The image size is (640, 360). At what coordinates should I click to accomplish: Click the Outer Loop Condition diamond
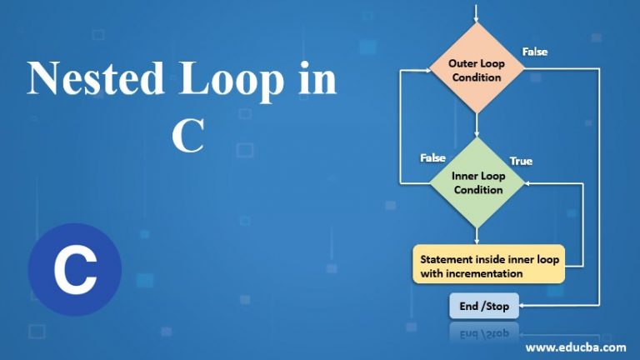click(476, 71)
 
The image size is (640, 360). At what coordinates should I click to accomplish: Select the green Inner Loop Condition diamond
click(477, 182)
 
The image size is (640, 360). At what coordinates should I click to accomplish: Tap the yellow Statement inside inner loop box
click(489, 266)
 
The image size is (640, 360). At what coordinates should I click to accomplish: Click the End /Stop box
click(484, 306)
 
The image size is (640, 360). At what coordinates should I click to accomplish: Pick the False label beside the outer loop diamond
click(535, 52)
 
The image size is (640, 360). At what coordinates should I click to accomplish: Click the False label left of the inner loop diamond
click(432, 157)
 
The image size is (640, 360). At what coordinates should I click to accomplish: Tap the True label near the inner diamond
click(521, 161)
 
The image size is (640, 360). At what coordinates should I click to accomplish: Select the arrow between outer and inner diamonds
click(476, 125)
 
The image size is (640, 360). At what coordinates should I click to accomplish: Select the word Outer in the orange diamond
click(462, 63)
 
